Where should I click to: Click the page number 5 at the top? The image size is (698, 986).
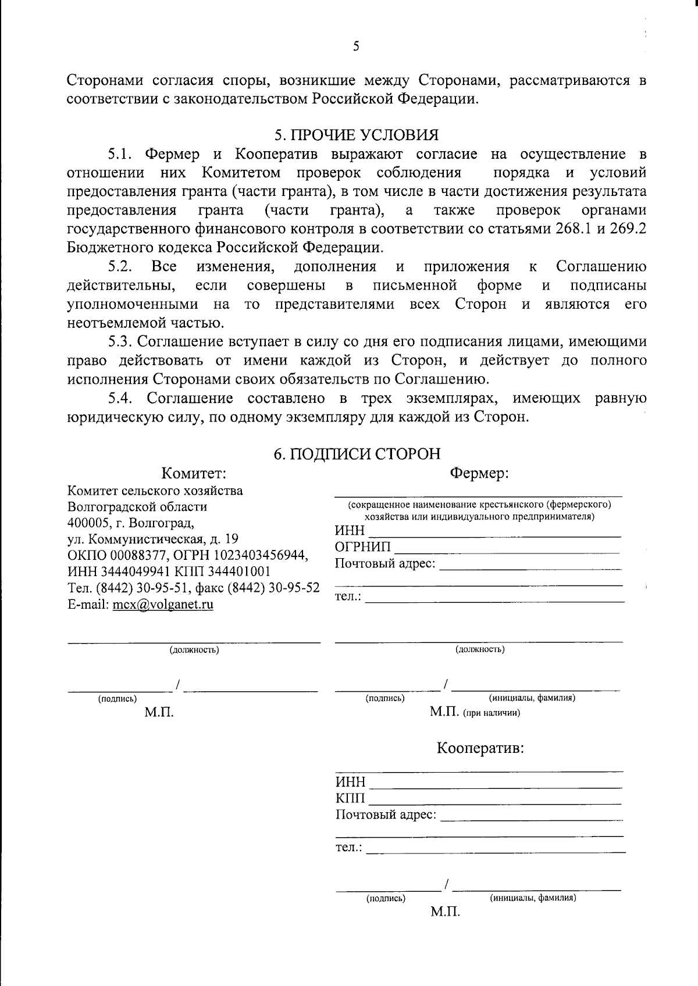(356, 47)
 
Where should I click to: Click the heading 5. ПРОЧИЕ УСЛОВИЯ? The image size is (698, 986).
(356, 135)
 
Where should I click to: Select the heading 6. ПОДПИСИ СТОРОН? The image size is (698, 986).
(357, 453)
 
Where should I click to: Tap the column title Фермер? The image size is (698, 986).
(479, 473)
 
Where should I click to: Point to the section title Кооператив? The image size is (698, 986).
(480, 748)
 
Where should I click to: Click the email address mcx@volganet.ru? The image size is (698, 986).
(163, 604)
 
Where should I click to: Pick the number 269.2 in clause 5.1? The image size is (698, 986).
(628, 228)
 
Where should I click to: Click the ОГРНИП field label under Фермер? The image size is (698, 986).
(363, 547)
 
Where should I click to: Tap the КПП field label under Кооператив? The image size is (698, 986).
(350, 798)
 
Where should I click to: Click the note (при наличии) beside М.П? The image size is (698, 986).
(492, 713)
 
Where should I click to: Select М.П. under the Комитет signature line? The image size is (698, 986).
(159, 713)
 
